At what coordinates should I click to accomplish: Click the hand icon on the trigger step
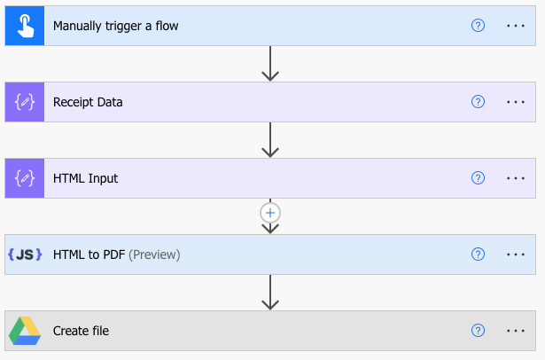pos(24,26)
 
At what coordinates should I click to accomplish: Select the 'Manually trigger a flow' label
pos(115,26)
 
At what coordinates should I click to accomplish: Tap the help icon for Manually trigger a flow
pos(479,26)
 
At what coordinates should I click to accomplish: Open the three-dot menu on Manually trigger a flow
pos(516,26)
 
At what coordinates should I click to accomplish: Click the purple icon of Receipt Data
pos(24,102)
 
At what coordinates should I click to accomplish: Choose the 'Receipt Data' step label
pos(88,102)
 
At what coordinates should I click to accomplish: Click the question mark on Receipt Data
pos(479,102)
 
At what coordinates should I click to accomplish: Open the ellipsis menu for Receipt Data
pos(516,102)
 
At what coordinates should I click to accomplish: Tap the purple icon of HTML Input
pos(24,178)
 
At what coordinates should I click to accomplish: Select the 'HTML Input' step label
pos(85,178)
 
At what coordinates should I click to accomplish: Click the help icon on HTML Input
pos(479,178)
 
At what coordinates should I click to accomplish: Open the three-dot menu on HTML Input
pos(516,178)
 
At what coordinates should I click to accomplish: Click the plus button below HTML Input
pos(271,213)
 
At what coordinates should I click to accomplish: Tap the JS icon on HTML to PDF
pos(24,254)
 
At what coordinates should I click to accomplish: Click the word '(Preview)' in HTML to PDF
pos(154,254)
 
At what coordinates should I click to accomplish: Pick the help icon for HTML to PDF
pos(479,254)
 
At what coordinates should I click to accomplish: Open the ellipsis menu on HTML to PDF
pos(516,254)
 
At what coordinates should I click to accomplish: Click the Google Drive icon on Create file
pos(24,331)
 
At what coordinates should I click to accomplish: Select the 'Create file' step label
pos(81,331)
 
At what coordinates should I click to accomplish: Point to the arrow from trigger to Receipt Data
pos(271,64)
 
